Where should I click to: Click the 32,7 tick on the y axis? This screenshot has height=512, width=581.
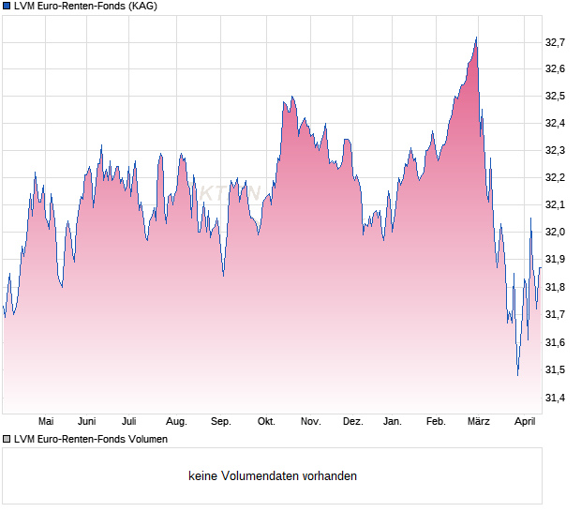[x=556, y=42]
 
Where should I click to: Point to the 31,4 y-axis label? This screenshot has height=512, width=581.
[x=556, y=398]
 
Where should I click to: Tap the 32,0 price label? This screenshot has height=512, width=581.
[x=556, y=233]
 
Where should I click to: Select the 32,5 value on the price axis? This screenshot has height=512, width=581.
[x=556, y=97]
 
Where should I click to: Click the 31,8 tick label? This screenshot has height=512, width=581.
[x=556, y=287]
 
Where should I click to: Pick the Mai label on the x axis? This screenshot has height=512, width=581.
[x=45, y=422]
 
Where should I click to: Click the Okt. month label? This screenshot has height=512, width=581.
[x=266, y=422]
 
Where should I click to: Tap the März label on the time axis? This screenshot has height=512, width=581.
[x=479, y=422]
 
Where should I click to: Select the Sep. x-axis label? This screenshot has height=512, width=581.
[x=220, y=422]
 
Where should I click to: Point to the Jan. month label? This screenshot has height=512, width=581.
[x=393, y=422]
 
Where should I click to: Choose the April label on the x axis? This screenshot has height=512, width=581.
[x=525, y=422]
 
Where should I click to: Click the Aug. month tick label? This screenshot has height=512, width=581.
[x=176, y=422]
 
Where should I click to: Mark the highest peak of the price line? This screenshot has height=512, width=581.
[x=476, y=38]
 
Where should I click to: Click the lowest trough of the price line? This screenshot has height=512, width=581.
[x=517, y=375]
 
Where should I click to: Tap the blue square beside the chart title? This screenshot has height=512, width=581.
[x=7, y=7]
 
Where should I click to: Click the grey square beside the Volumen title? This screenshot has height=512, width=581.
[x=7, y=439]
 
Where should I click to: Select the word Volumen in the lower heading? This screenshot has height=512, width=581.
[x=144, y=439]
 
